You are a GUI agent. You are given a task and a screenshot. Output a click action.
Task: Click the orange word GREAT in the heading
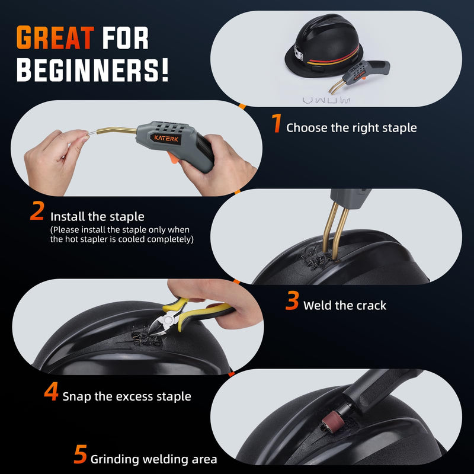(x=55, y=37)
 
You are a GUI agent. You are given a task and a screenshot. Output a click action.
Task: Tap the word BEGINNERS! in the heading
(x=92, y=70)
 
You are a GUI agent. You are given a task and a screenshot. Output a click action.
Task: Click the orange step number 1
(x=277, y=123)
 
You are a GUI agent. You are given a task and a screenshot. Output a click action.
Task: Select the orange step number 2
(x=37, y=210)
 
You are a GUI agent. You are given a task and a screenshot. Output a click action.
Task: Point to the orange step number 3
(x=292, y=300)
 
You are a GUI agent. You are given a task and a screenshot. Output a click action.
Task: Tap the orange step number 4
(x=51, y=391)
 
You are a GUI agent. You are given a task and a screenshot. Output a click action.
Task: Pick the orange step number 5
(x=81, y=454)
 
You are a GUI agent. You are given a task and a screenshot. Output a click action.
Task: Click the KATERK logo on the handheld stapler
(x=166, y=139)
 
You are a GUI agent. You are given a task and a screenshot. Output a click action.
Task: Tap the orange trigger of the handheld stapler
(x=174, y=158)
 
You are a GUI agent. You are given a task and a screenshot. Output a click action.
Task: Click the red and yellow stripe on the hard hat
(x=334, y=59)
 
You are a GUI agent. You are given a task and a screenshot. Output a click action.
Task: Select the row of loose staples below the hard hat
(x=326, y=100)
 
